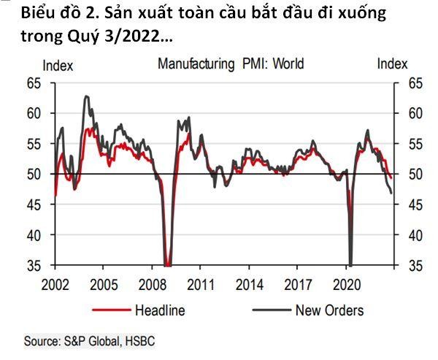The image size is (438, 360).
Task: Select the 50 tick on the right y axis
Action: pyautogui.click(x=404, y=175)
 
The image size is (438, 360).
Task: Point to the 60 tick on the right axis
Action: pyautogui.click(x=404, y=114)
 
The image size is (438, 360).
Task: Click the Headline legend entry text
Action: pyautogui.click(x=159, y=310)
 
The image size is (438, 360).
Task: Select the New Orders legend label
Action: pyautogui.click(x=329, y=310)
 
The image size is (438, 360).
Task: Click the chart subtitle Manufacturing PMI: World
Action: pyautogui.click(x=231, y=64)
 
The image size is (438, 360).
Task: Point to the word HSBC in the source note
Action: pyautogui.click(x=139, y=341)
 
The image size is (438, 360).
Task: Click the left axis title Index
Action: pyautogui.click(x=58, y=65)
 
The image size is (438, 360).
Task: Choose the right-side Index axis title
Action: pyautogui.click(x=392, y=64)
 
